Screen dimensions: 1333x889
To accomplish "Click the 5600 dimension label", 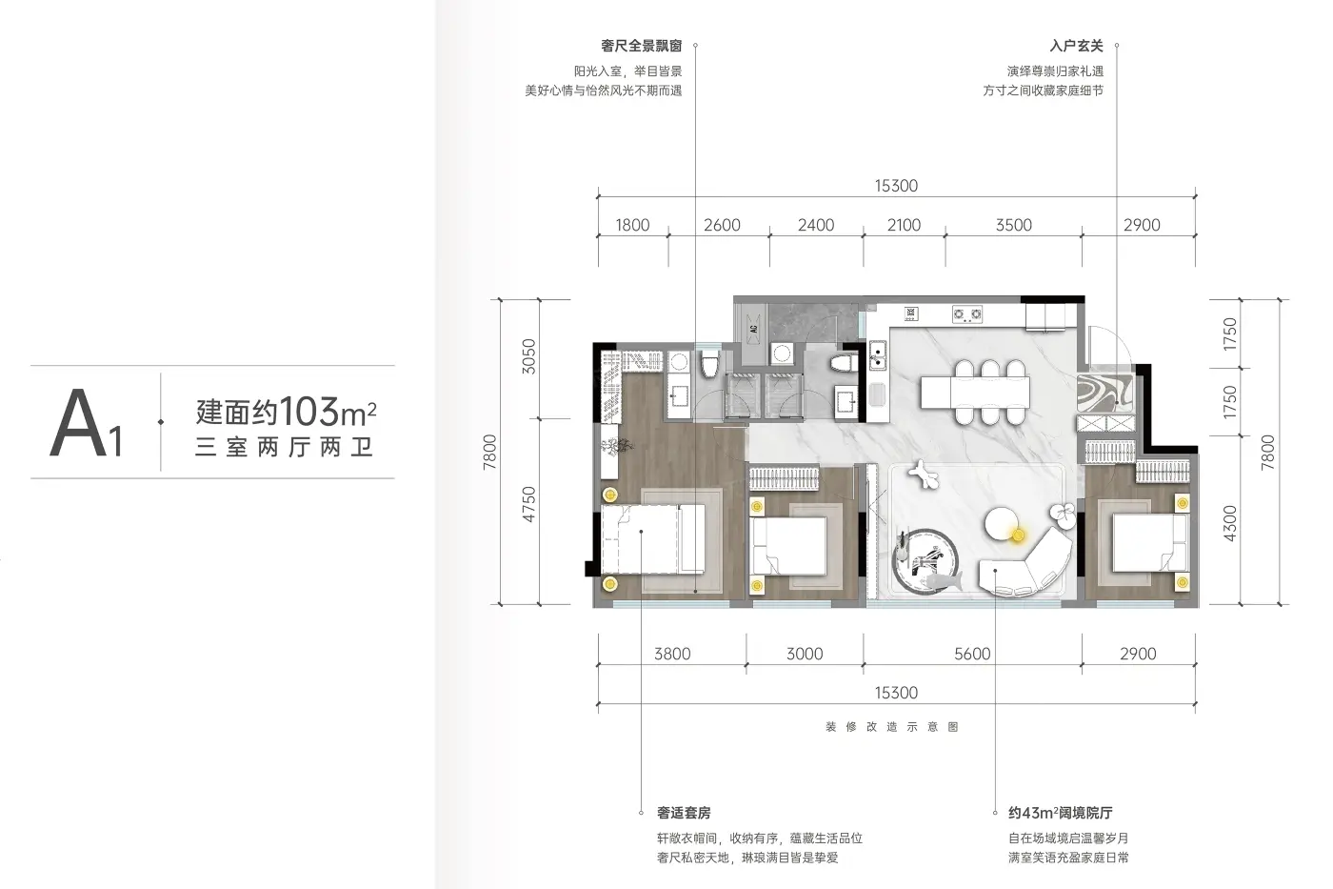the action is click(972, 654).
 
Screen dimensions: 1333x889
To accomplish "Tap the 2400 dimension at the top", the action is click(815, 225).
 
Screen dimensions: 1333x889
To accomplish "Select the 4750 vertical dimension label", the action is click(528, 504).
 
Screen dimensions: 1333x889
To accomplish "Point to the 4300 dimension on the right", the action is click(1229, 523).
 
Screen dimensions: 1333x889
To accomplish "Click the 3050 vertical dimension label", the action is click(528, 356).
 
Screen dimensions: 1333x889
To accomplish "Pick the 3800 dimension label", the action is click(672, 654).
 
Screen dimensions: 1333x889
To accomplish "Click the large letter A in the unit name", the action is click(78, 423).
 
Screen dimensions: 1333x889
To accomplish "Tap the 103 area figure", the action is click(308, 411).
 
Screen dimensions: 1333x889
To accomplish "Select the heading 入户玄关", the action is click(1077, 46).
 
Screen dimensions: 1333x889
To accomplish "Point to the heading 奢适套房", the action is click(684, 813).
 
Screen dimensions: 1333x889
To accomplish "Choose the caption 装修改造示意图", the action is click(892, 727).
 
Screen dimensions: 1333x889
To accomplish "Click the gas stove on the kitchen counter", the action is click(967, 314).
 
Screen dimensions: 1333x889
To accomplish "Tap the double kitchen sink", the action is click(877, 355).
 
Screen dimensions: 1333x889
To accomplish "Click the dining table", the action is click(975, 393).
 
